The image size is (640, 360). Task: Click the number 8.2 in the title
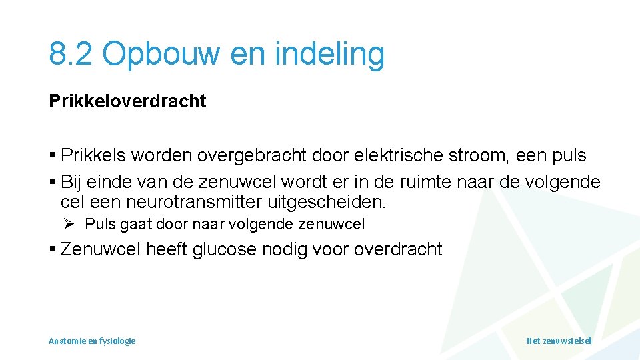[x=71, y=53]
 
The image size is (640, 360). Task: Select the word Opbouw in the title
[x=161, y=53]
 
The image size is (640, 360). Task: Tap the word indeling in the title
[x=332, y=53]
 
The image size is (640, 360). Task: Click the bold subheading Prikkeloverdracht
[x=127, y=101]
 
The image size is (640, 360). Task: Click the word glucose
[x=224, y=250]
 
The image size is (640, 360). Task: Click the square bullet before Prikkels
[x=53, y=157]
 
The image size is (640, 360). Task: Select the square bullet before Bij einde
[x=53, y=183]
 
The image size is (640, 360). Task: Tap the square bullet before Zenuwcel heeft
[x=53, y=251]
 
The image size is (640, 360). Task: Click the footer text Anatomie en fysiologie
[x=92, y=341]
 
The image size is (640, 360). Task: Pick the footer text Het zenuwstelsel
[x=559, y=341]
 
